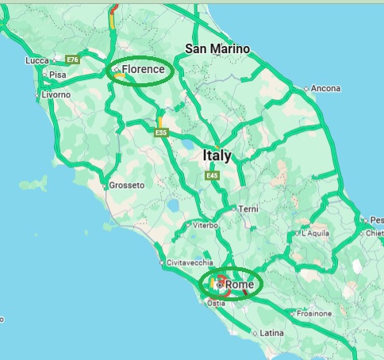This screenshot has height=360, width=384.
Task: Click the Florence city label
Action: pos(144,70)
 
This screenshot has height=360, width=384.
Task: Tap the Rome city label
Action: pos(239,285)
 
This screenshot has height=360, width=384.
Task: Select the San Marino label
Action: pos(217,49)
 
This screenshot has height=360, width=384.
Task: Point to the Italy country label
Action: pos(217,155)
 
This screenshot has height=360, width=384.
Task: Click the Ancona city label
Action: pos(326,88)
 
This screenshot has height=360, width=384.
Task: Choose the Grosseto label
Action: pos(127,185)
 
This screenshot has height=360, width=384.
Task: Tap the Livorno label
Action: pos(56,94)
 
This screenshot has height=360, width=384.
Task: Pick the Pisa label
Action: pos(57,75)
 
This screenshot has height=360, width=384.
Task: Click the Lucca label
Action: pos(37,60)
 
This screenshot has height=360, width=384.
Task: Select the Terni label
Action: pos(248,209)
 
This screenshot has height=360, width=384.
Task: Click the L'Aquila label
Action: pos(316,234)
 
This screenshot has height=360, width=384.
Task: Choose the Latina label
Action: pos(271,332)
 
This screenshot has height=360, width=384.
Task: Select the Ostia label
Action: pos(215,303)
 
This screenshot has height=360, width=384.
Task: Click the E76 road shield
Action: pos(73,59)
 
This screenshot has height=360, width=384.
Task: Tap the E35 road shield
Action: pos(162,132)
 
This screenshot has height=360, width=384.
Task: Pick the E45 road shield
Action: pos(211,175)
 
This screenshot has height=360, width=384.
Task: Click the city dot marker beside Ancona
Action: pos(307,88)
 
